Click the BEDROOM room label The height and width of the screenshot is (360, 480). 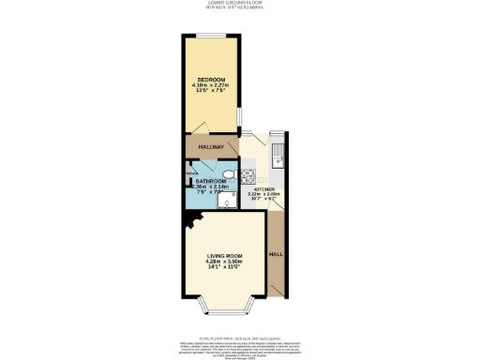coord(211,79)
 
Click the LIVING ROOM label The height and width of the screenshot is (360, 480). coord(225,255)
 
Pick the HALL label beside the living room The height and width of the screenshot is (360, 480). coord(276,254)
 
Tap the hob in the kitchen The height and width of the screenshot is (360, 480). coord(248,175)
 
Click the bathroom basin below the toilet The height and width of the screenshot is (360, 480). coord(231,202)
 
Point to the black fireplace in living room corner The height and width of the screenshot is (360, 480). coord(192,221)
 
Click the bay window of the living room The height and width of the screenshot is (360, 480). coord(225,310)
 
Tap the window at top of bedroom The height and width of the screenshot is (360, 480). coord(211,37)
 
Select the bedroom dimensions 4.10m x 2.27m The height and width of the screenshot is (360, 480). coord(211,86)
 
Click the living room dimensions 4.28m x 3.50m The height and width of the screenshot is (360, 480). coord(225,262)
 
